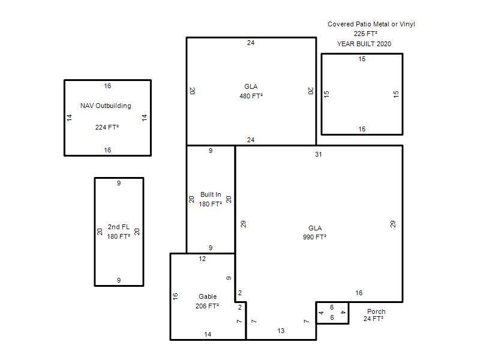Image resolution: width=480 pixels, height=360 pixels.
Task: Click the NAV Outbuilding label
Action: click(106, 106)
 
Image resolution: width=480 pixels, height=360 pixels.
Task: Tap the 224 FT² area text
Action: click(107, 127)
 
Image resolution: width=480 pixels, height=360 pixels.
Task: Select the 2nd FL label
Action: click(119, 227)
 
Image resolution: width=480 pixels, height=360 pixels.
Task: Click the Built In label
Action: click(211, 194)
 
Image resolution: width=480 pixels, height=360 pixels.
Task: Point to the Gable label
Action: click(208, 296)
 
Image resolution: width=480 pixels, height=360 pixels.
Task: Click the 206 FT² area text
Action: click(207, 306)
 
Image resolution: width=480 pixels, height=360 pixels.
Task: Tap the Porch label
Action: click(376, 311)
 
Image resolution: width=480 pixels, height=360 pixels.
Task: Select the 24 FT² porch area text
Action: click(373, 319)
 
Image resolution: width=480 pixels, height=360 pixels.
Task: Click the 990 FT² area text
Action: click(314, 237)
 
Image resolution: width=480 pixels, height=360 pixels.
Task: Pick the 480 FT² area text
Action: click(251, 96)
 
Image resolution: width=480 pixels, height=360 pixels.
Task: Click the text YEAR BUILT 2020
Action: click(364, 44)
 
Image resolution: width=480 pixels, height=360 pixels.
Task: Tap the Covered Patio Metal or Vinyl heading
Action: click(371, 24)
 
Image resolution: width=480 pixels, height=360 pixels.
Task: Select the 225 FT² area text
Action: click(365, 34)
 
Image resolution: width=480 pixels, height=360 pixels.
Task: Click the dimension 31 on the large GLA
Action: click(319, 154)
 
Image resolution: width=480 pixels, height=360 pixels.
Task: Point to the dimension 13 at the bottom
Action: click(281, 331)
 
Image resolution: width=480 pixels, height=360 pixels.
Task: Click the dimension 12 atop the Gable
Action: click(202, 259)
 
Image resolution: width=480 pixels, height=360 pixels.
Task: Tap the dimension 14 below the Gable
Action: click(208, 334)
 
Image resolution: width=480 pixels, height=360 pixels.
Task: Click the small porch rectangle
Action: click(332, 302)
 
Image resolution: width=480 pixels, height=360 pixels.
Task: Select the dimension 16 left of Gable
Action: click(175, 296)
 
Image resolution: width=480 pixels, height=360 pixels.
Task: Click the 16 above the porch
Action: click(359, 293)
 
